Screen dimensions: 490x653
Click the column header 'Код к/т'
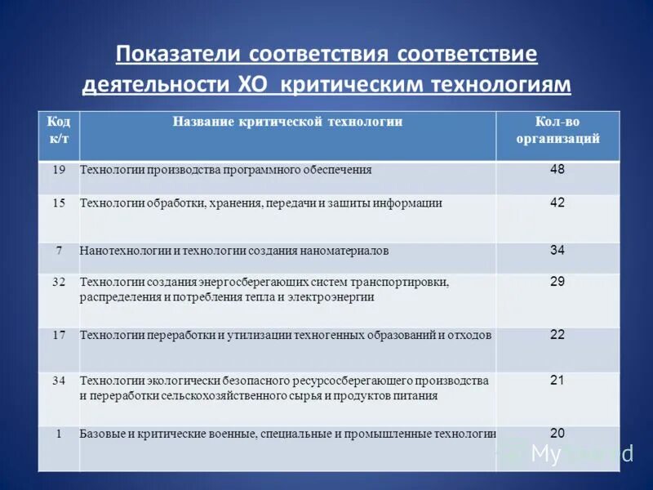[x=59, y=130]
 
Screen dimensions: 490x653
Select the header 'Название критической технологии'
[x=287, y=121]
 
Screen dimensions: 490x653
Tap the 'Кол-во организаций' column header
[x=557, y=130]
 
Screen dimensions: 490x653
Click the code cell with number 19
[x=59, y=170]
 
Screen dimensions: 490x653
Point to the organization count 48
[x=557, y=169]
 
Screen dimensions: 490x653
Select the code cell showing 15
[x=59, y=203]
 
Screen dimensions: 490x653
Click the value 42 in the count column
[x=557, y=203]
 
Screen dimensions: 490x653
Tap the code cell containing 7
[x=59, y=251]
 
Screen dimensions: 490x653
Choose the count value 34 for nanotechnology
[x=557, y=250]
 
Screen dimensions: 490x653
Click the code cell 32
[x=59, y=282]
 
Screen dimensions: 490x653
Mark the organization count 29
[x=557, y=281]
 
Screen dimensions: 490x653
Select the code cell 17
[x=59, y=335]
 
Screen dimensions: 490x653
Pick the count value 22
[x=557, y=334]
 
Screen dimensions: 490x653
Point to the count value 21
[x=557, y=380]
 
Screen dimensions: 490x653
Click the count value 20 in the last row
[x=557, y=433]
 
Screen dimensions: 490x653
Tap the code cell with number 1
[x=59, y=434]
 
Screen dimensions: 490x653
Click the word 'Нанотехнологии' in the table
[x=120, y=251]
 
